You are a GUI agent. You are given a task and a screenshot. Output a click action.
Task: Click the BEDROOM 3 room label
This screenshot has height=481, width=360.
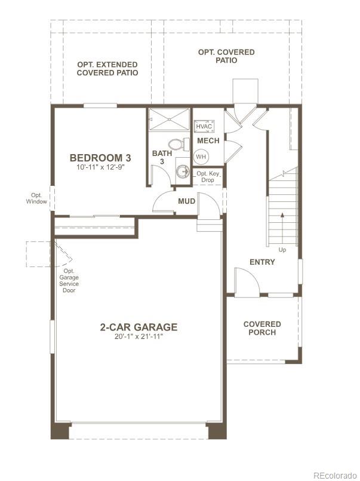click(x=100, y=158)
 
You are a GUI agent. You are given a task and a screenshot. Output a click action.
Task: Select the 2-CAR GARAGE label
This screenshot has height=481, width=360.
click(x=139, y=327)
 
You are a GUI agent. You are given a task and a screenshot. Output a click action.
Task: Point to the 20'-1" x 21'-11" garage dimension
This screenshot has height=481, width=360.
click(x=139, y=336)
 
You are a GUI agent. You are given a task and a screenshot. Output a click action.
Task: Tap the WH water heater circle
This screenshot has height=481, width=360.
click(x=201, y=157)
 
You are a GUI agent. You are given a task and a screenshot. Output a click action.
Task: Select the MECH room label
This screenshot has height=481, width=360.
click(x=208, y=141)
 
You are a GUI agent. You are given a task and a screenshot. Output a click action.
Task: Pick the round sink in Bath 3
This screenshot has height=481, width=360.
click(x=183, y=171)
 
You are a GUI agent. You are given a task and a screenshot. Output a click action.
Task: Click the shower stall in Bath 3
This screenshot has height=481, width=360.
click(x=170, y=119)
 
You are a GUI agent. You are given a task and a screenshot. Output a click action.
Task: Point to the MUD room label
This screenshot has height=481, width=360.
click(x=187, y=201)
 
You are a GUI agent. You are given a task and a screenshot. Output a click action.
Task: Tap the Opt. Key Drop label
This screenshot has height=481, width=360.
click(x=208, y=176)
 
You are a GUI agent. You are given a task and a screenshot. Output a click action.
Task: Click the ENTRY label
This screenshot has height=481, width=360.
click(x=262, y=262)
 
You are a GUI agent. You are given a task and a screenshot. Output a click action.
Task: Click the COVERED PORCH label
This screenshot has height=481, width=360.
click(x=262, y=328)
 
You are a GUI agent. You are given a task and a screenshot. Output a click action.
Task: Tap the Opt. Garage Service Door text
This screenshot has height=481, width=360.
click(x=69, y=281)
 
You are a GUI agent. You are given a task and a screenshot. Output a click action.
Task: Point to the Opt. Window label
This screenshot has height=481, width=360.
click(x=36, y=198)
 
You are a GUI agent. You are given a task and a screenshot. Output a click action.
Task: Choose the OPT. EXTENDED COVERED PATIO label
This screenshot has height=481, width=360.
click(x=107, y=69)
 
